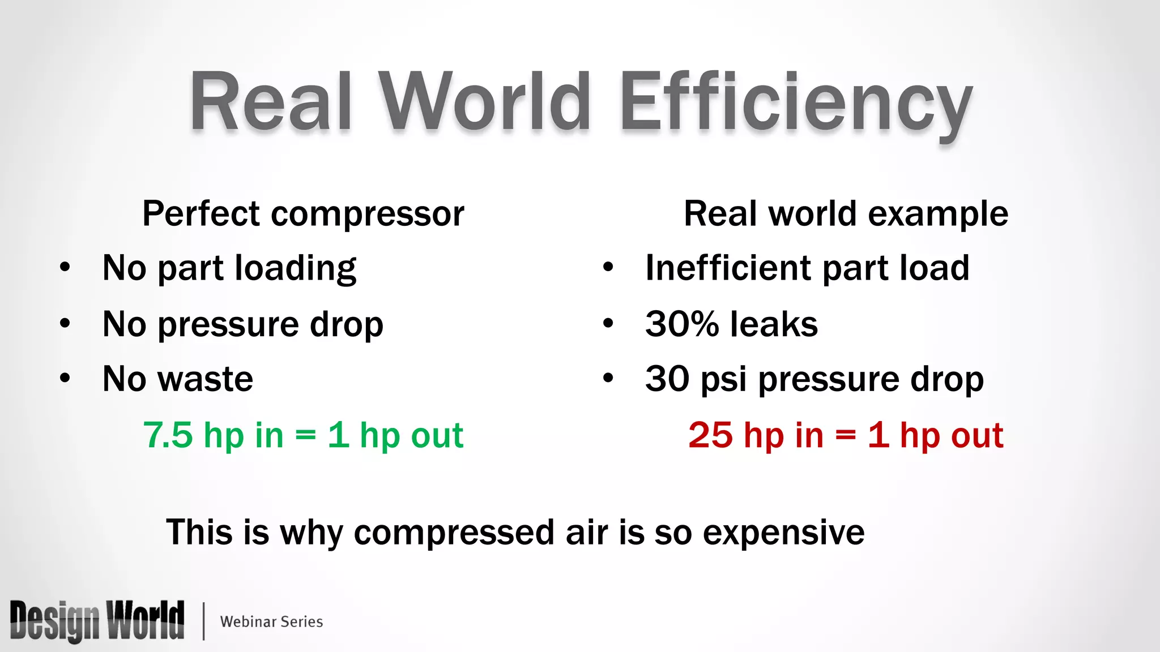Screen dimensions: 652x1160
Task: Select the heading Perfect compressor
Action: click(303, 214)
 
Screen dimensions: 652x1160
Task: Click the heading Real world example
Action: click(846, 214)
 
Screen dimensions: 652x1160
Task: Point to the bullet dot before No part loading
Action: click(65, 267)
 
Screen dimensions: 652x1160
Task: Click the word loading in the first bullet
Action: click(295, 268)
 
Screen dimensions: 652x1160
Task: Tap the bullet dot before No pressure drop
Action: click(65, 323)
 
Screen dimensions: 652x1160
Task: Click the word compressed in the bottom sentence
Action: click(454, 533)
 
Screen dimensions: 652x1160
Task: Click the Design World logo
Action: click(97, 621)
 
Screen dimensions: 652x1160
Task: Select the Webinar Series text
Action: click(271, 621)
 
